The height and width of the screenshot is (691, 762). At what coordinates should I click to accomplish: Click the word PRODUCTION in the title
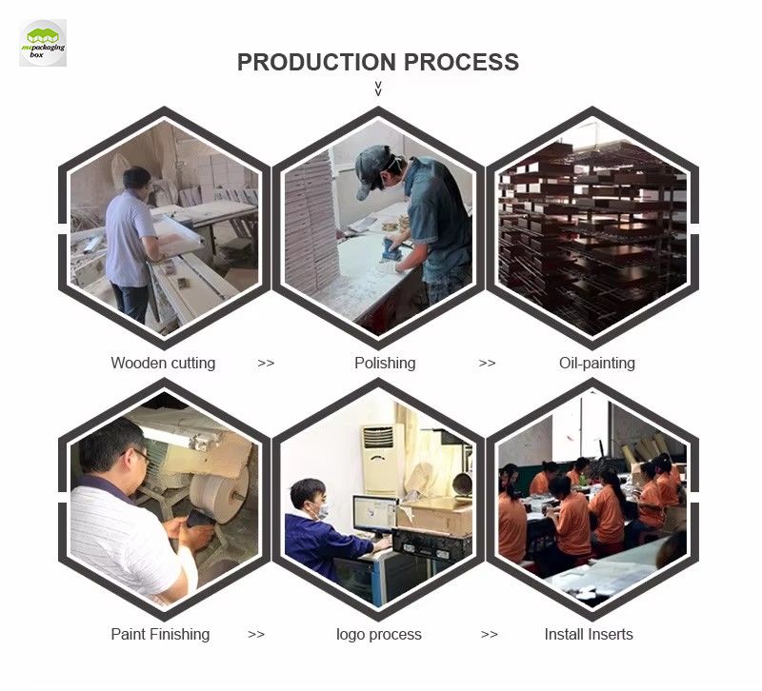[x=316, y=62]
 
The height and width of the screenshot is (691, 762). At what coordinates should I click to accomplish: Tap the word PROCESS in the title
[x=461, y=62]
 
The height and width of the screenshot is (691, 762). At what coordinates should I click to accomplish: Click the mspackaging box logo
[x=43, y=43]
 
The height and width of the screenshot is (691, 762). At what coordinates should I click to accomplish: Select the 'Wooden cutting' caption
[x=163, y=363]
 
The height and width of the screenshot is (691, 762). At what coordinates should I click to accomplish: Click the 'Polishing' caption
[x=385, y=363]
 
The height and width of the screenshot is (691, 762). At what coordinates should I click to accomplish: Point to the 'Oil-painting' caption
[x=597, y=363]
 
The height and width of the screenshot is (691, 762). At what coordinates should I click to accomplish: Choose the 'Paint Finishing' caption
[x=160, y=634]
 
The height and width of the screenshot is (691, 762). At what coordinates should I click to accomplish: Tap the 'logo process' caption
[x=378, y=634]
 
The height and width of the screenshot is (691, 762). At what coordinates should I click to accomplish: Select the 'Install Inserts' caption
[x=589, y=634]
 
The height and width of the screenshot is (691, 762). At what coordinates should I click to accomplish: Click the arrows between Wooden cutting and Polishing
[x=266, y=364]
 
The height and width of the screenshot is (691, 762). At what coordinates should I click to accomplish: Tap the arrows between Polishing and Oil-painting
[x=487, y=364]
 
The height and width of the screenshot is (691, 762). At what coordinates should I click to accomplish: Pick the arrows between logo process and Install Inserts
[x=489, y=635]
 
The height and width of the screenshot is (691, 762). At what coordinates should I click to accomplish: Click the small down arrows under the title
[x=378, y=89]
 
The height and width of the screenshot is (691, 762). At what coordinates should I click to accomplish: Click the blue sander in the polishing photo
[x=391, y=249]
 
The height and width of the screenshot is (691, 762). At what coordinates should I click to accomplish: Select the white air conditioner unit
[x=380, y=460]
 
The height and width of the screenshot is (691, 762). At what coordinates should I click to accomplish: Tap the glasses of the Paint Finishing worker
[x=141, y=456]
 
